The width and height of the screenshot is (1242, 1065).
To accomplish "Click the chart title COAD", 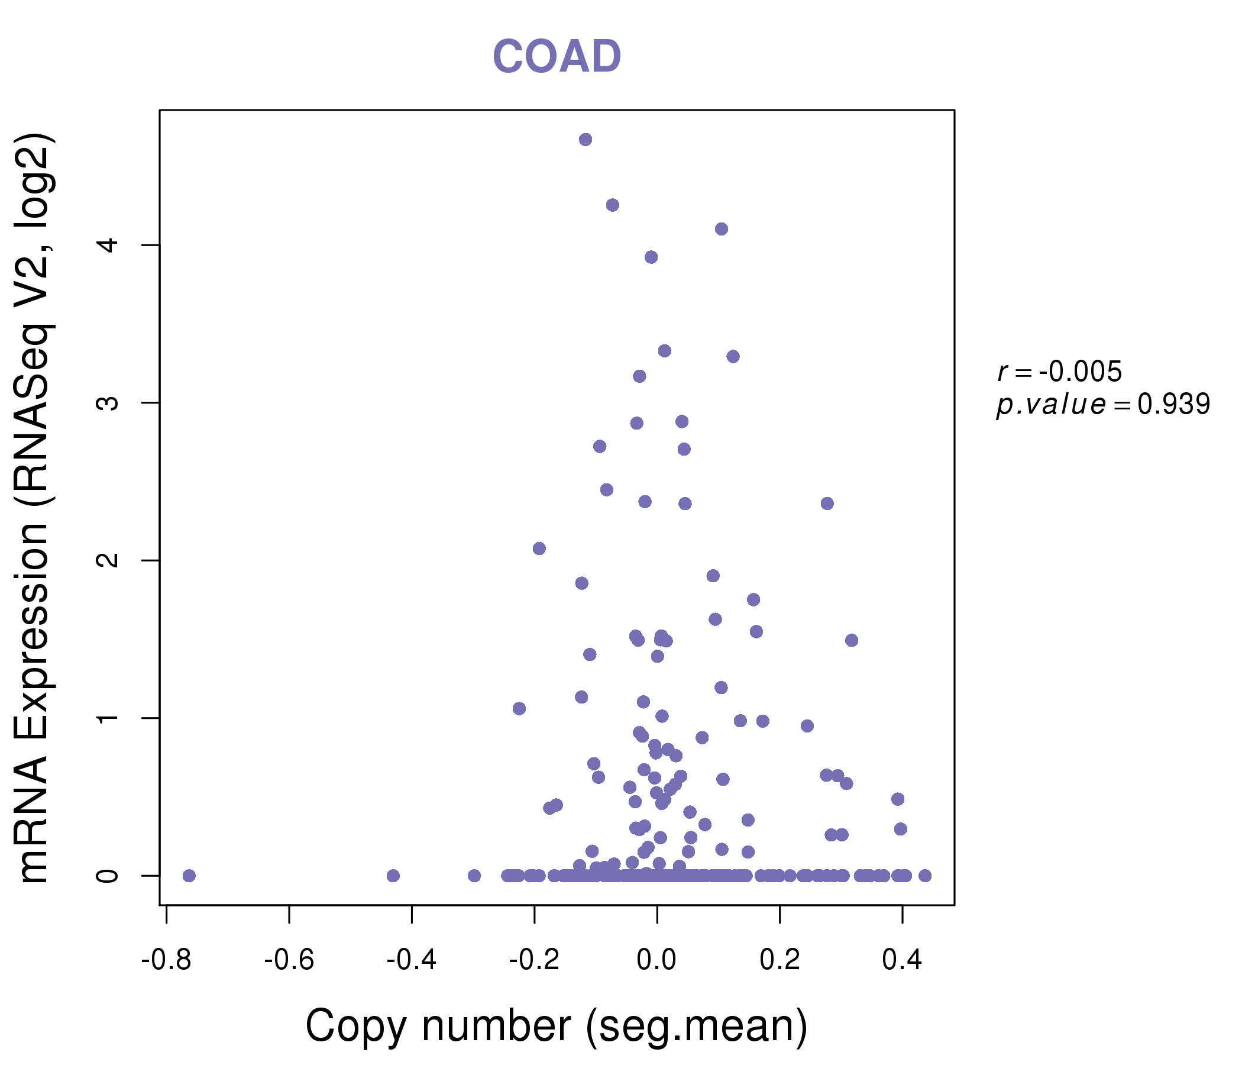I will click(557, 56).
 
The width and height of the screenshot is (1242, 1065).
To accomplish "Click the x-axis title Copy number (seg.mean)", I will click(557, 1026).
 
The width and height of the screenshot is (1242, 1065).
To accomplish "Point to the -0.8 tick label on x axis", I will click(166, 960).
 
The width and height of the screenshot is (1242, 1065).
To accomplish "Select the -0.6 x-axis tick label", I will click(289, 960).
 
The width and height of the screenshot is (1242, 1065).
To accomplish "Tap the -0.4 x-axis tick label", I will click(411, 960).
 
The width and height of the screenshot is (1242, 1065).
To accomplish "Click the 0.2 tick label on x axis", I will click(780, 960).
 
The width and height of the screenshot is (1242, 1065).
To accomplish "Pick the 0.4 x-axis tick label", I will click(902, 960).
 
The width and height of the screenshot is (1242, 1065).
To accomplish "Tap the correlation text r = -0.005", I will click(1059, 372).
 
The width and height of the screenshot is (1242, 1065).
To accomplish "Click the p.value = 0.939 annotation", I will click(1103, 404).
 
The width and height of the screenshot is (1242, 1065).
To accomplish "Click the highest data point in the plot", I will click(586, 140).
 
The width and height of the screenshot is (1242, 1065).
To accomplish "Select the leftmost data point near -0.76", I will click(189, 876).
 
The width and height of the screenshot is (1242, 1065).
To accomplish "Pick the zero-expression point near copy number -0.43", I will click(393, 876).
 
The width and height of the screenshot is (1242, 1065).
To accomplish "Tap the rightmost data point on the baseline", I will click(925, 876).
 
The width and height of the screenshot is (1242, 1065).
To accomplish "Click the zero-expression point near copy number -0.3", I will click(474, 876).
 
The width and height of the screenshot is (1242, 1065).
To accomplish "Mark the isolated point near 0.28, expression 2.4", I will click(827, 503).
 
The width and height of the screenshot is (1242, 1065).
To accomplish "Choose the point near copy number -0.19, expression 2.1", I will click(539, 548).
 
